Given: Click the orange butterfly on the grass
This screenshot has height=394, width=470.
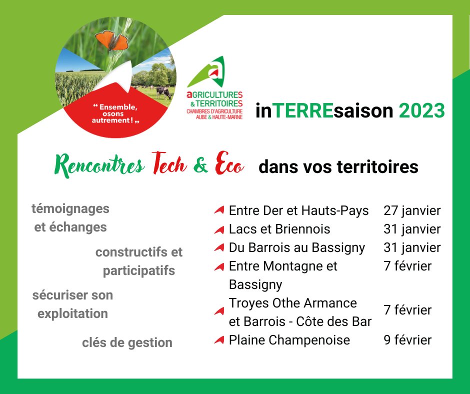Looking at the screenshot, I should [112, 40].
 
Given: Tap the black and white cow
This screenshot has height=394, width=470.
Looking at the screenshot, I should [163, 92].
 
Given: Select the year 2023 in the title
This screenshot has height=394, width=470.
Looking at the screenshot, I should [421, 110].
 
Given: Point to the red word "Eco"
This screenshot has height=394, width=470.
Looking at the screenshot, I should [229, 165].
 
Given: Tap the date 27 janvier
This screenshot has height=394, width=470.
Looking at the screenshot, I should [412, 210].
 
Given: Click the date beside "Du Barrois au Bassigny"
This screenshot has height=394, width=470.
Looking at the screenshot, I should [412, 247].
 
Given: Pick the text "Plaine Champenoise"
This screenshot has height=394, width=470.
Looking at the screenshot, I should [289, 340].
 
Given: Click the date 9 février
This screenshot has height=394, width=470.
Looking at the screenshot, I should [407, 340].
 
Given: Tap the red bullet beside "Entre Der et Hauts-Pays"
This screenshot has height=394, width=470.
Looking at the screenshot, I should [218, 211].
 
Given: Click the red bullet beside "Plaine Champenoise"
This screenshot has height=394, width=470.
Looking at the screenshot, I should [218, 340].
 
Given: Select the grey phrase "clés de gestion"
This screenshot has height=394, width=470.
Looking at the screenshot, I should [127, 342].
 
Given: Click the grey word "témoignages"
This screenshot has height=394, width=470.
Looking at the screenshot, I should [70, 208].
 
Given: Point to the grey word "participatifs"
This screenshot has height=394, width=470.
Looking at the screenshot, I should [139, 271].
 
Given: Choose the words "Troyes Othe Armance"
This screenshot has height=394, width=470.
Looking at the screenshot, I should [293, 303].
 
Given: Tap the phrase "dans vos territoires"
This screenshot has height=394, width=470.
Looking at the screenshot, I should [338, 166].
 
